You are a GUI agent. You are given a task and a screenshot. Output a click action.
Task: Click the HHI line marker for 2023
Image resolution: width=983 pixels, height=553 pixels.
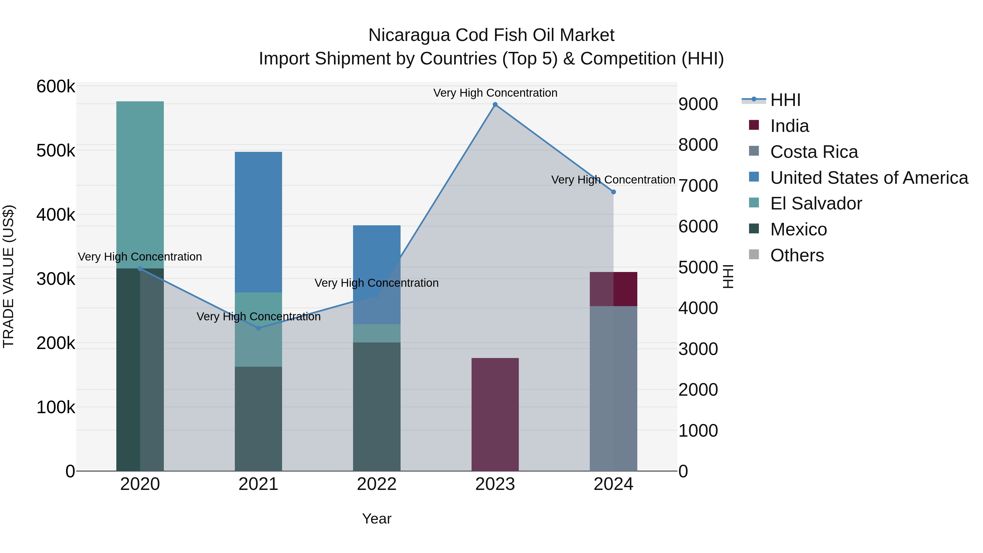[x=495, y=105]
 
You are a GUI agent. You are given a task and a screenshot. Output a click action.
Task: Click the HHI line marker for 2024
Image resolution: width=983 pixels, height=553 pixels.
[x=613, y=192]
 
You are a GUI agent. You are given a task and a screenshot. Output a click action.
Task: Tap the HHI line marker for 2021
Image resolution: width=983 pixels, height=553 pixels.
[x=258, y=328]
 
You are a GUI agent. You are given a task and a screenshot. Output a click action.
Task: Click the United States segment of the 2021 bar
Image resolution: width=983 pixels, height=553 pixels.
[x=258, y=222]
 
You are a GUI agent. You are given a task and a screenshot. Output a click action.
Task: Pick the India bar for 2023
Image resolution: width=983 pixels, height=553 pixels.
[x=495, y=414]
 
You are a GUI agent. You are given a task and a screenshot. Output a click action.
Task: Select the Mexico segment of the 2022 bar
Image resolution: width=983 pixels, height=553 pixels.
[x=377, y=406]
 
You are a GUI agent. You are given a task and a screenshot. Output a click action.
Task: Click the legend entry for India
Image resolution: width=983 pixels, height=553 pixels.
[x=789, y=126]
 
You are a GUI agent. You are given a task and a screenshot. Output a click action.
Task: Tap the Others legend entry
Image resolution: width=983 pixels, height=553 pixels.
[x=797, y=255]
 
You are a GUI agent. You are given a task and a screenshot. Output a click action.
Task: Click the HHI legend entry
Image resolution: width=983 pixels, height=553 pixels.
[x=785, y=100]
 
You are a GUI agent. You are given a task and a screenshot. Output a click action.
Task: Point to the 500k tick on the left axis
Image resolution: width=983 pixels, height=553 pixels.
[x=56, y=151]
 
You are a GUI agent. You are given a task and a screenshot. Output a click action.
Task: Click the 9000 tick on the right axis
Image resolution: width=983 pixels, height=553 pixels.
[x=698, y=104]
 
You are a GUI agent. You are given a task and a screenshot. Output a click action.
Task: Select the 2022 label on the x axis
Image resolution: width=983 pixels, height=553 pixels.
[x=377, y=484]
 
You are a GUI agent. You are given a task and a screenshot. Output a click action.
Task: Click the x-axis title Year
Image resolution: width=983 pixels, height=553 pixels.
[x=377, y=519]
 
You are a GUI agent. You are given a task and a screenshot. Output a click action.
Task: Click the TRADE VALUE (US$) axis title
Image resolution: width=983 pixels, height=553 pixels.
[x=9, y=276]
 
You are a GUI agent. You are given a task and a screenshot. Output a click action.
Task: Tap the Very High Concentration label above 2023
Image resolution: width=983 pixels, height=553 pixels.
[x=495, y=93]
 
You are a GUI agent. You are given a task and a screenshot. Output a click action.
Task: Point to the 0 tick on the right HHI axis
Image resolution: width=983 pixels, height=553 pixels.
[x=683, y=471]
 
